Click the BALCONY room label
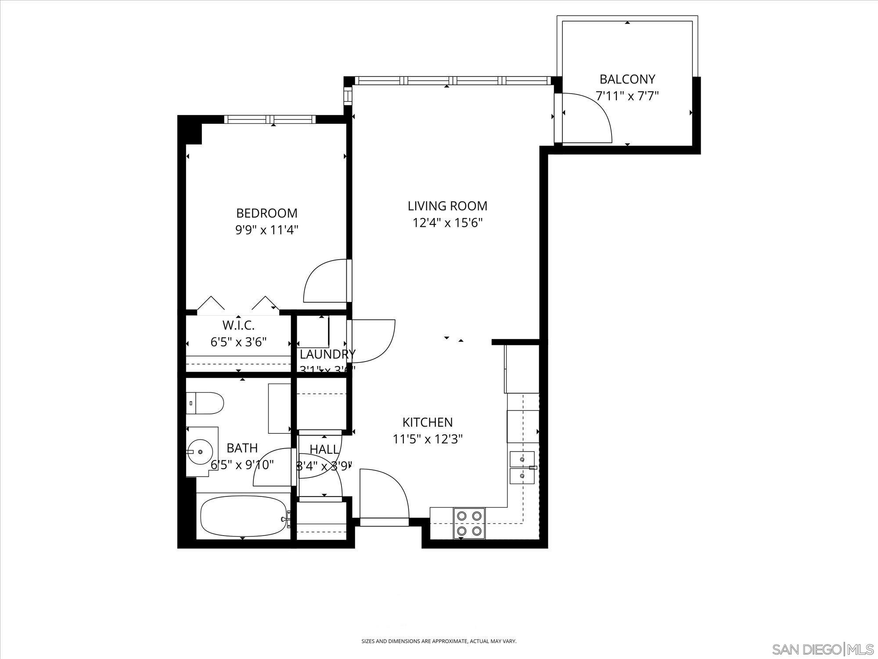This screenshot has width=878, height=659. [x=627, y=79]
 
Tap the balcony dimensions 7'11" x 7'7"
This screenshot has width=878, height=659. [x=627, y=96]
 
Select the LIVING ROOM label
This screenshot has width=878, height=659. [x=447, y=206]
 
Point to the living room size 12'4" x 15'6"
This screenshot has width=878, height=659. [x=447, y=223]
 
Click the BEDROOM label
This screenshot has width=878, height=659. [x=266, y=213]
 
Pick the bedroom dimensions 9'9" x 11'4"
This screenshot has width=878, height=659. [x=266, y=230]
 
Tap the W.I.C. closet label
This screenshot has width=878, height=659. [x=238, y=326]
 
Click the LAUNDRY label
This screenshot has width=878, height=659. [x=327, y=354]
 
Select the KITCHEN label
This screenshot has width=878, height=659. [x=427, y=422]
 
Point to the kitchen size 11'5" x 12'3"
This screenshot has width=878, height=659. [x=427, y=439]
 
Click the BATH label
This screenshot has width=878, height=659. [x=242, y=448]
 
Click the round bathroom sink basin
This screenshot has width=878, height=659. [x=200, y=452]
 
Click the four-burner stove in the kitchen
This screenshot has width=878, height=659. [x=469, y=523]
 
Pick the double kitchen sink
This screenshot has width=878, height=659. [x=522, y=468]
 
